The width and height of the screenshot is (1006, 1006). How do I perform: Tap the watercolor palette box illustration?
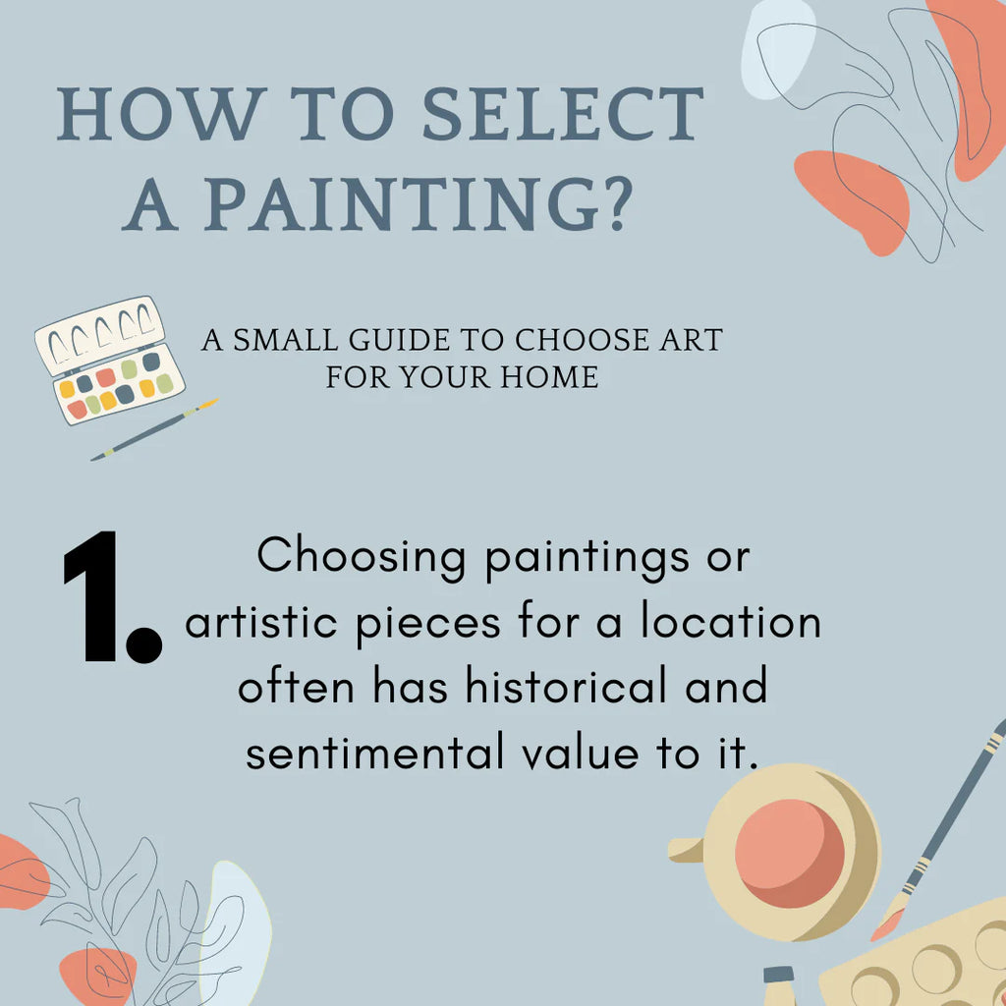pos(108,360)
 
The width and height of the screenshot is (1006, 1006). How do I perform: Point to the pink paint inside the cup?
pos(789,853)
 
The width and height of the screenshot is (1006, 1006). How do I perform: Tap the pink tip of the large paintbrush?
pos(887,923)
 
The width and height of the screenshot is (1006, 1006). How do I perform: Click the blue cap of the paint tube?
pos(779,976)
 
